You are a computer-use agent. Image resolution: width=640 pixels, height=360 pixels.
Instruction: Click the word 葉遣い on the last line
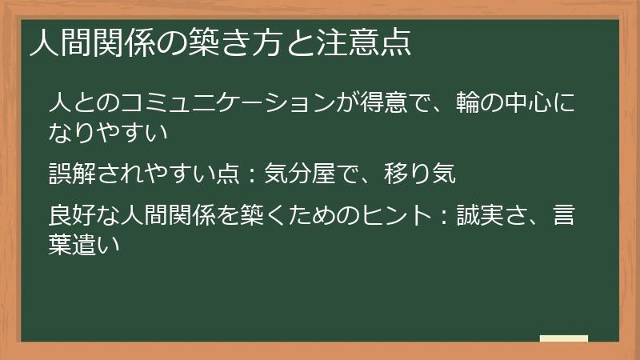pyautogui.click(x=97, y=243)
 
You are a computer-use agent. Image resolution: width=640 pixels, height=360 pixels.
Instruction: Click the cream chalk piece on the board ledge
pyautogui.click(x=564, y=338)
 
